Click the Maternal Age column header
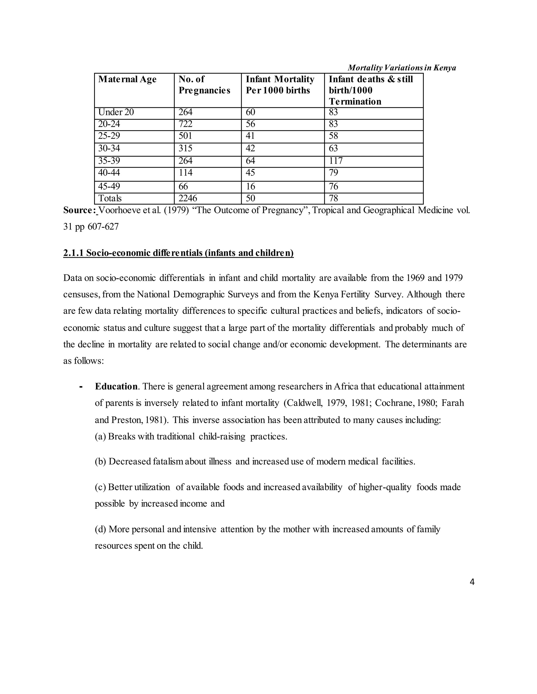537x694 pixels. click(127, 79)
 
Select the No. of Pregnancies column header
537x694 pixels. click(204, 85)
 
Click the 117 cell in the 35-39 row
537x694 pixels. click(336, 161)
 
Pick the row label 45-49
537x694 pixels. click(109, 186)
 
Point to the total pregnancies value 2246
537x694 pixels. click(188, 198)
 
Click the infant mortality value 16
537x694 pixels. click(250, 186)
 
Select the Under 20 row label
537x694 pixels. click(116, 112)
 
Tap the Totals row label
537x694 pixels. click(110, 198)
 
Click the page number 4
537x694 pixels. click(472, 582)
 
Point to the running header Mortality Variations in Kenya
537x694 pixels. click(402, 68)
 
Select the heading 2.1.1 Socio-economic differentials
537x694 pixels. click(178, 253)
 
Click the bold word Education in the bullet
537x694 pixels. click(116, 386)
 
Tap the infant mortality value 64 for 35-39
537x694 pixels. click(250, 161)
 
